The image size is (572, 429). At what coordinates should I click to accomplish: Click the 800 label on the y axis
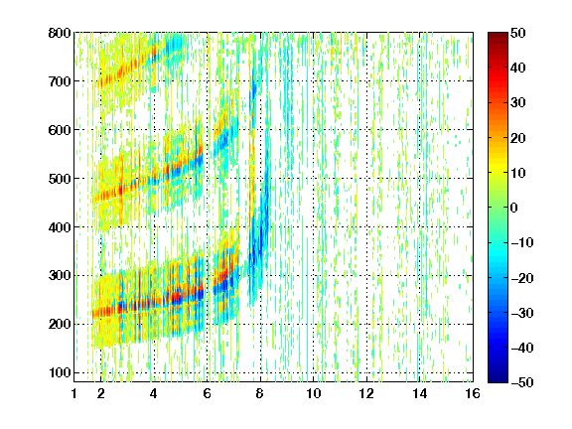coord(60,33)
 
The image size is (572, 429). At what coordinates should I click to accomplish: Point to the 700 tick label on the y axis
coord(60,81)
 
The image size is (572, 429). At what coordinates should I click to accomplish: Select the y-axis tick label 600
coord(60,130)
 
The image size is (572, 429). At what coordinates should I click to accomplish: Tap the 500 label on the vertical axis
coord(60,179)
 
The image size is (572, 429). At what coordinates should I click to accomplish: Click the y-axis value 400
coord(60,227)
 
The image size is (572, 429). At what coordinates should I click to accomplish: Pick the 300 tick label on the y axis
coord(60,276)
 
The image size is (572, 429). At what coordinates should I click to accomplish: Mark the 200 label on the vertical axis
coord(60,325)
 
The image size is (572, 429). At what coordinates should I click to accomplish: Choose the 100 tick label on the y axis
coord(60,372)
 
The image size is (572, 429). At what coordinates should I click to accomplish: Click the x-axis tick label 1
coord(74,393)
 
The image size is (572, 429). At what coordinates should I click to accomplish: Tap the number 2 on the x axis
coord(101,393)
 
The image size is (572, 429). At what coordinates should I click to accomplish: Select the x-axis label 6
coord(208,393)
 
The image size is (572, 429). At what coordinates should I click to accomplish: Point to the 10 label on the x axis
coord(314,393)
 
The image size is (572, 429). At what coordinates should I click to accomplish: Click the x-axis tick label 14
coord(420,393)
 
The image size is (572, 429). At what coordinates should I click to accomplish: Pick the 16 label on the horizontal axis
coord(473,393)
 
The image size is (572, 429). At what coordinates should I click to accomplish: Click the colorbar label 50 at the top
coord(517,33)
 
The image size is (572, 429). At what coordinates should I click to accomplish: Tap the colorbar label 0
coord(514,208)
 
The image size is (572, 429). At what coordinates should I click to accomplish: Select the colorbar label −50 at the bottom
coord(522,382)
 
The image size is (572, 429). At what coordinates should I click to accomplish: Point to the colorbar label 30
coord(517,103)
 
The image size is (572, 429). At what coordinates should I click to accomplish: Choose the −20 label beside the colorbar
coord(522,278)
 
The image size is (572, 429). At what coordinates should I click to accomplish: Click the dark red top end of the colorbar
coord(498,35)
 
